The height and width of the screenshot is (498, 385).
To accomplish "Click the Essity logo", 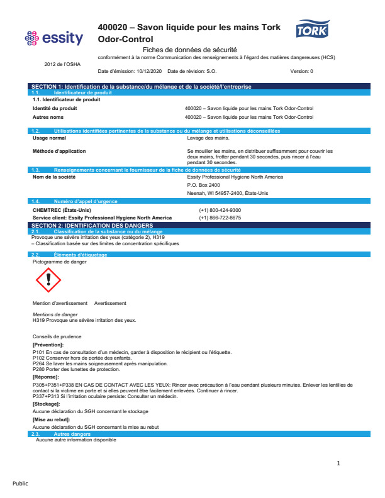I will click(x=53, y=39).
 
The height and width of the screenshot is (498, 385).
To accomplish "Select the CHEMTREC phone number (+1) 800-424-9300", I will click(x=220, y=210).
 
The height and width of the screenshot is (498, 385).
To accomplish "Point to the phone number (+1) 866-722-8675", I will click(x=220, y=218).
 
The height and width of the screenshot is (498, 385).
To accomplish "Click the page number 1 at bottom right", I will click(x=338, y=463).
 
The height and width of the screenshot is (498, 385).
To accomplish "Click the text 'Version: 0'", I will click(x=301, y=71).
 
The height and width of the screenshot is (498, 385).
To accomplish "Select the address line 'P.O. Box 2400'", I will click(x=204, y=185).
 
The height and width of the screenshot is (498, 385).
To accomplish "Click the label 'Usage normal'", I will click(x=49, y=137).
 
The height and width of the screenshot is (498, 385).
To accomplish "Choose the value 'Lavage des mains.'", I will click(x=204, y=137).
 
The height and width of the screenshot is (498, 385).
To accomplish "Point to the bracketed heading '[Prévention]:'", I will click(x=48, y=345).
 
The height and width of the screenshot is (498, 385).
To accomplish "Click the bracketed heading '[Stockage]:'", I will click(x=46, y=403).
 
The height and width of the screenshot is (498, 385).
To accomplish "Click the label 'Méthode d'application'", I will click(x=59, y=151).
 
